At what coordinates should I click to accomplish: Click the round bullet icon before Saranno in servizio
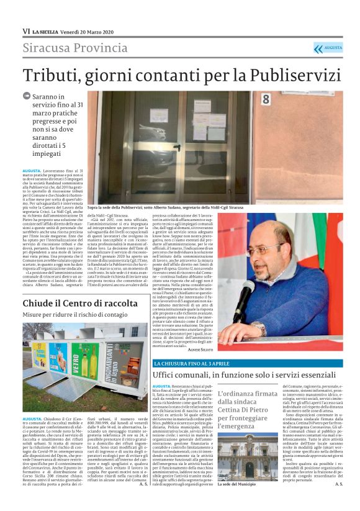tap(27, 96)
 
